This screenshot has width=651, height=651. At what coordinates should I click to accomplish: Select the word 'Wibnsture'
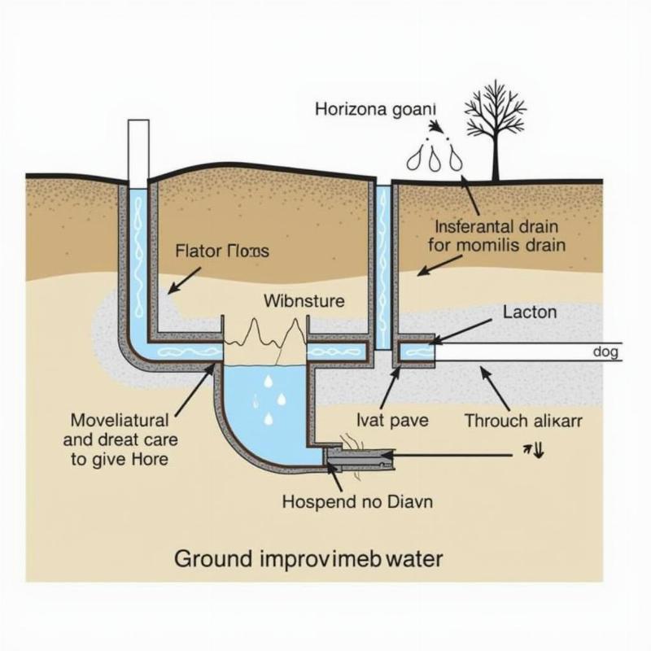pyautogui.click(x=304, y=301)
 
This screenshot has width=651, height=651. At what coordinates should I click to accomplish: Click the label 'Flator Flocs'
pyautogui.click(x=221, y=251)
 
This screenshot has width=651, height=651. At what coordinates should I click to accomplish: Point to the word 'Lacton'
pyautogui.click(x=529, y=312)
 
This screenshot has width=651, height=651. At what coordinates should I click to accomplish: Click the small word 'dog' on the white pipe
pyautogui.click(x=605, y=352)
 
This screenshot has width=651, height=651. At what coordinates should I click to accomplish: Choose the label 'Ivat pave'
pyautogui.click(x=392, y=421)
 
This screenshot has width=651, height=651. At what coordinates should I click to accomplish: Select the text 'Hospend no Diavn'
pyautogui.click(x=357, y=501)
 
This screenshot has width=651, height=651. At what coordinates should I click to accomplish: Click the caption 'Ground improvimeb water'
pyautogui.click(x=309, y=559)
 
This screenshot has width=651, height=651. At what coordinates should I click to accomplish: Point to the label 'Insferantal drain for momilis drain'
pyautogui.click(x=500, y=234)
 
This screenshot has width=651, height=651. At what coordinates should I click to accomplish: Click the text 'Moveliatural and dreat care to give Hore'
pyautogui.click(x=120, y=439)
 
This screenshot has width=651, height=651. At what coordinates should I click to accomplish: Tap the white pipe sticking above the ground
pyautogui.click(x=138, y=151)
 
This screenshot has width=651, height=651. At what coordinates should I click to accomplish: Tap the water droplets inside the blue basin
pyautogui.click(x=269, y=399)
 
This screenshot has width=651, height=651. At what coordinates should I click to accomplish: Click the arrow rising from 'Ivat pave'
pyautogui.click(x=389, y=388)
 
